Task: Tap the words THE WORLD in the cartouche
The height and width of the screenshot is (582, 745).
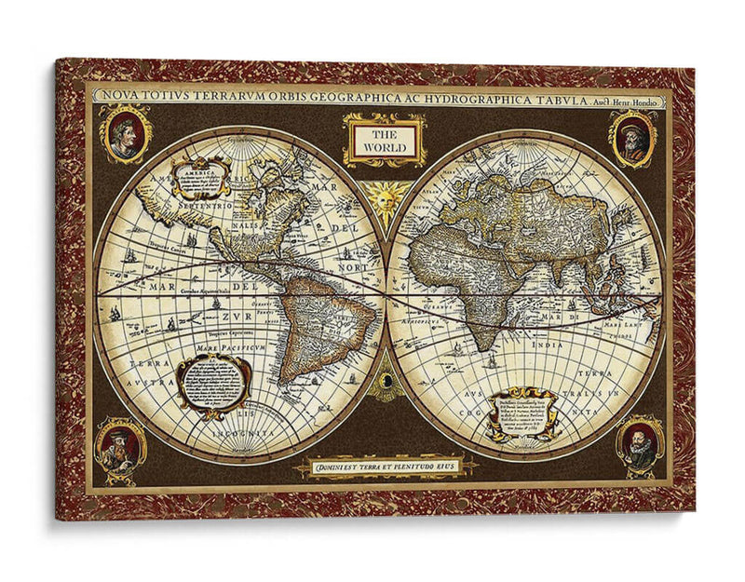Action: tap(384, 141)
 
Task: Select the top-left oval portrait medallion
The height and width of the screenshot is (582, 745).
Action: tap(126, 134)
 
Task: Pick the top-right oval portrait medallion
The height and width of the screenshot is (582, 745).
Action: tap(634, 138)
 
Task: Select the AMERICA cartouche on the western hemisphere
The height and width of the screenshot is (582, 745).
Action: tap(201, 176)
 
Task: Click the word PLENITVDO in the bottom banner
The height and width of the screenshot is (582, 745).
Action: tap(412, 466)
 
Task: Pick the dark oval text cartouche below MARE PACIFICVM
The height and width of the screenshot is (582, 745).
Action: tap(213, 382)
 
